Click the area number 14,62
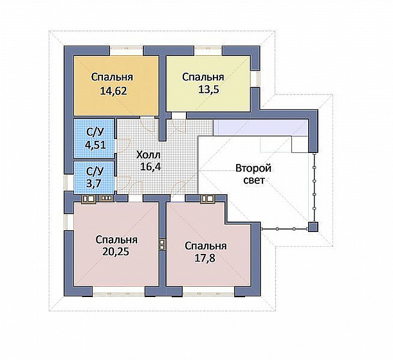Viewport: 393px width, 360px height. click(113, 91)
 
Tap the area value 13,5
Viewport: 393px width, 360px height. click(208, 89)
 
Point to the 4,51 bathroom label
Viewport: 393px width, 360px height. click(95, 145)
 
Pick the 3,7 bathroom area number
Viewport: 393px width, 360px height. click(93, 183)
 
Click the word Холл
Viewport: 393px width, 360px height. click(148, 155)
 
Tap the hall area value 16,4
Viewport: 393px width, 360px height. click(151, 166)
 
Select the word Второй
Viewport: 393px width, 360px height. click(253, 168)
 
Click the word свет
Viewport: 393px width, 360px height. click(254, 180)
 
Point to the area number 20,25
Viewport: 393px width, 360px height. click(116, 252)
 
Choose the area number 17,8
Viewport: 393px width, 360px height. click(205, 258)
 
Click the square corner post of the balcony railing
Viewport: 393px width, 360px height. click(313, 227)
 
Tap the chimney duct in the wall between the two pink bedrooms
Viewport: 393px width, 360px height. click(163, 244)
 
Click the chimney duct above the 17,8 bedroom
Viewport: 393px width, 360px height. click(208, 199)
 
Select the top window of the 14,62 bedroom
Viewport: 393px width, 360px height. click(127, 51)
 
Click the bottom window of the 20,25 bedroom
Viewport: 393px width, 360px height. click(119, 291)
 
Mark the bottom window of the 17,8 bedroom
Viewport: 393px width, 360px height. click(209, 291)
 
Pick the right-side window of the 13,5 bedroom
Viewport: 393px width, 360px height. click(255, 78)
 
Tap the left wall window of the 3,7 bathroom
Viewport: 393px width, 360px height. click(69, 183)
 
